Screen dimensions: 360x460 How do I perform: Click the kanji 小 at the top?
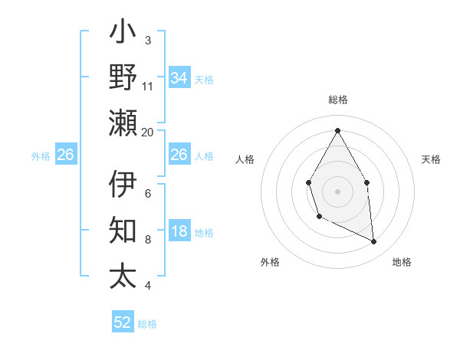pyautogui.click(x=123, y=34)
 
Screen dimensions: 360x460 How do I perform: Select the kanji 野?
pyautogui.click(x=123, y=78)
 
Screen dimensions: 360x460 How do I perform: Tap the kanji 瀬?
pyautogui.click(x=123, y=123)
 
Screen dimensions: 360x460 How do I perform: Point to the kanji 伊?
pyautogui.click(x=123, y=185)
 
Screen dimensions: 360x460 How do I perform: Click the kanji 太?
pyautogui.click(x=123, y=276)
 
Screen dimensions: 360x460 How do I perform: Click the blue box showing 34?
pyautogui.click(x=179, y=77)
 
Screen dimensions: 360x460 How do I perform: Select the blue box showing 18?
pyautogui.click(x=179, y=232)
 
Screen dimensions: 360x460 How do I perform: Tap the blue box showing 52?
pyautogui.click(x=123, y=322)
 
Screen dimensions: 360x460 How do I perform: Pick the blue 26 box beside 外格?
pyautogui.click(x=65, y=155)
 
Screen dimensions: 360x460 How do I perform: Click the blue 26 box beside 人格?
pyautogui.click(x=179, y=155)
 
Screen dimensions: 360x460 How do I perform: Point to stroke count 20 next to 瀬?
pyautogui.click(x=148, y=133)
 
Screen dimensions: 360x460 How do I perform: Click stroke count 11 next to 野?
pyautogui.click(x=148, y=86)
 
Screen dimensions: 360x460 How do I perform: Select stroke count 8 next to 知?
pyautogui.click(x=148, y=240)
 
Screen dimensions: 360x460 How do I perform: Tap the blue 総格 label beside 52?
pyautogui.click(x=147, y=324)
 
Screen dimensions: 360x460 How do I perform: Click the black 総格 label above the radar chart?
pyautogui.click(x=337, y=100)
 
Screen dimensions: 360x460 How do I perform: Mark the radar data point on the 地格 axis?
pyautogui.click(x=374, y=242)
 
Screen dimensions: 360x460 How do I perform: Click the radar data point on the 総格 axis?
pyautogui.click(x=337, y=130)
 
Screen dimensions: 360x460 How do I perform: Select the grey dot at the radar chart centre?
pyautogui.click(x=337, y=191)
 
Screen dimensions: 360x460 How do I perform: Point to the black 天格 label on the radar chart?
pyautogui.click(x=431, y=159)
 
